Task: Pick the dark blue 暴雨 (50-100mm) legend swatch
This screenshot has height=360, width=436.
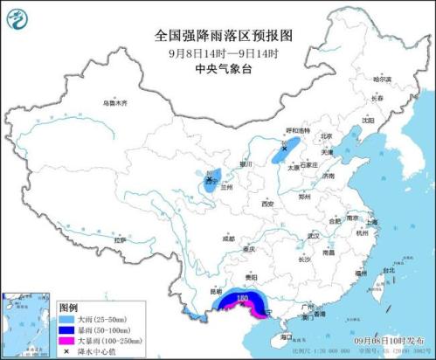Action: tap(65, 329)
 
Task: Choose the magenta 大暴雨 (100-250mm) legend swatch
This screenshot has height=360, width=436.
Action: tap(65, 340)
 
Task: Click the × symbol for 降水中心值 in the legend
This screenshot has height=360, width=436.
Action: tap(65, 350)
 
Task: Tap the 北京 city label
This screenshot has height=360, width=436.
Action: tap(326, 136)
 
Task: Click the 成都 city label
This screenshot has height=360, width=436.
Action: tap(228, 238)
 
